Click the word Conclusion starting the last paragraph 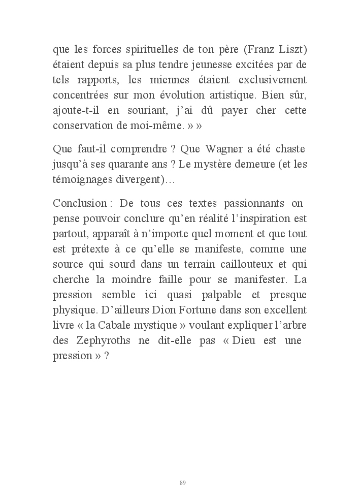coord(80,203)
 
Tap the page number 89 coord(183,482)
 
